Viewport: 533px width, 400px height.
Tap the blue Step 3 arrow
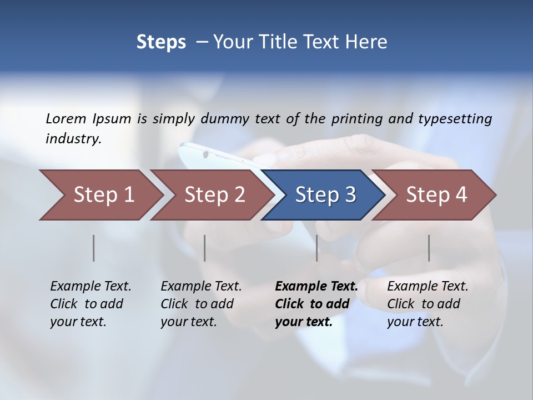pyautogui.click(x=325, y=195)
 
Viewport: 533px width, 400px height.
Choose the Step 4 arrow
pyautogui.click(x=436, y=195)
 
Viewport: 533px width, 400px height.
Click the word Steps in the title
pyautogui.click(x=161, y=42)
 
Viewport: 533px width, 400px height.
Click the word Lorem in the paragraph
pyautogui.click(x=66, y=118)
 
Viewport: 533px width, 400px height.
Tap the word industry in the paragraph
pyautogui.click(x=73, y=138)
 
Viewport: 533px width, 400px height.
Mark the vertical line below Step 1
pyautogui.click(x=94, y=248)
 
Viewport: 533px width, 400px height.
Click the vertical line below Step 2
pyautogui.click(x=205, y=248)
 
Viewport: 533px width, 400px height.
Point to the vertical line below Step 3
pyautogui.click(x=317, y=248)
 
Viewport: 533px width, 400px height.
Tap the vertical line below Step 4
pyautogui.click(x=429, y=248)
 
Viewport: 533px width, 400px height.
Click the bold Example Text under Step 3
pyautogui.click(x=316, y=286)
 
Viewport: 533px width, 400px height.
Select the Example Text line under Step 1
pyautogui.click(x=90, y=286)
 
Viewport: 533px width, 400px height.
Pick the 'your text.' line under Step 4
pyautogui.click(x=415, y=322)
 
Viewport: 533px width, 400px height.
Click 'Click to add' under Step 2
pyautogui.click(x=197, y=304)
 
